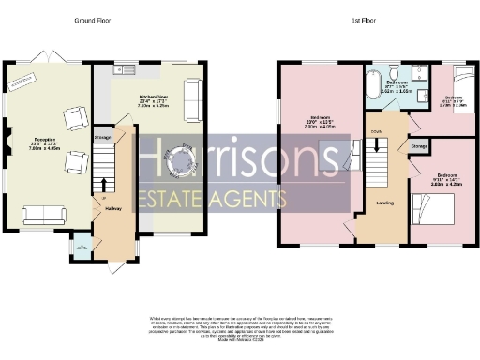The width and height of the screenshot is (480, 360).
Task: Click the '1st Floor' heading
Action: pyautogui.click(x=360, y=19)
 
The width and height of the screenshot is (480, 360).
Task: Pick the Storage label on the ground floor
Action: pyautogui.click(x=103, y=138)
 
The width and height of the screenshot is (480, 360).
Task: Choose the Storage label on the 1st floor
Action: pyautogui.click(x=419, y=145)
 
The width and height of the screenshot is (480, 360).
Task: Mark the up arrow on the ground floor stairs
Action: pyautogui.click(x=103, y=183)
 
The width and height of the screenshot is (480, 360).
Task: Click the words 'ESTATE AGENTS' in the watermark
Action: pyautogui.click(x=212, y=199)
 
